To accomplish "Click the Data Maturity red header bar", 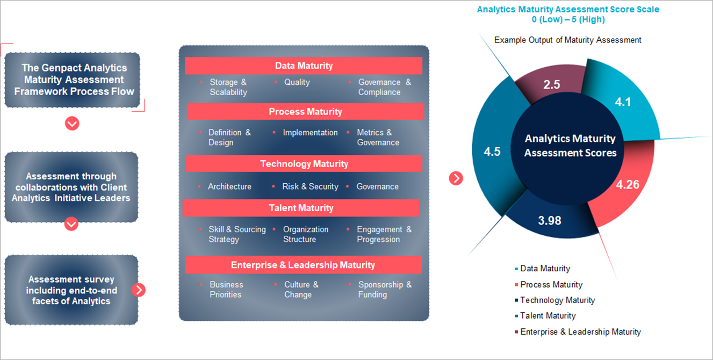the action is coord(304,66).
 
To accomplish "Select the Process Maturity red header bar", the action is coord(305,112).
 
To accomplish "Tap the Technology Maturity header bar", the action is coord(304,164).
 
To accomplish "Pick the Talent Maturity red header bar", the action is coord(301,208).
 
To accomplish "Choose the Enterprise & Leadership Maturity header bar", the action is coord(303,265).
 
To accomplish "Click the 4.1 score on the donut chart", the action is coord(623,102).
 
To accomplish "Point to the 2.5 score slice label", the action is coord(551,84).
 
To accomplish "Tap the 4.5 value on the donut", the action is coord(492,152).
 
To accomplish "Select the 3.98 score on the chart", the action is coord(549,220).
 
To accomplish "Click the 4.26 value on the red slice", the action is coord(627,185).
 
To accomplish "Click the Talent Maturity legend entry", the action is coord(548,316).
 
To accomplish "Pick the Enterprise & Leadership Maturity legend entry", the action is coord(580,332).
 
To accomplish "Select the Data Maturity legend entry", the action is coord(545,269).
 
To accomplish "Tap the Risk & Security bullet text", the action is coord(310,186).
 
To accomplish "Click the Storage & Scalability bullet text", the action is coord(228,87).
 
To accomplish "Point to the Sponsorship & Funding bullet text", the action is coord(385,290).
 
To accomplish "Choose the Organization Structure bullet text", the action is coord(306,234).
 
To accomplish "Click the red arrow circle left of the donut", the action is coord(456,178).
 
